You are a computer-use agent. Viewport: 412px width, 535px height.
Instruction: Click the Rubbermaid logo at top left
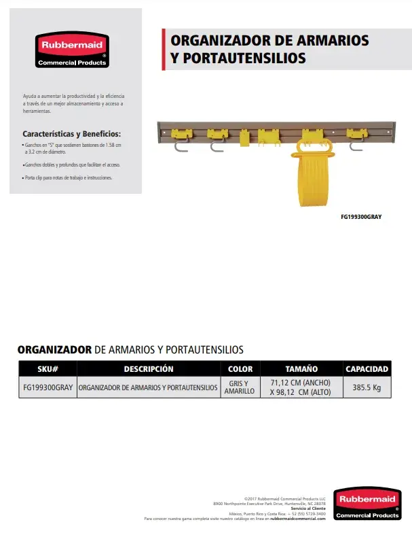[71, 50]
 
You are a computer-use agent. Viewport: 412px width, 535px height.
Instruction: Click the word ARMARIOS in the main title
[327, 40]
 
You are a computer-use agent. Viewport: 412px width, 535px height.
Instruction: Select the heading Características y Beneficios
[71, 134]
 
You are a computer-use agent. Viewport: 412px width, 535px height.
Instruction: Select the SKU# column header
[48, 369]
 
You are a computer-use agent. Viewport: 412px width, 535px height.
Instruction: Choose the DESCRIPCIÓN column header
[149, 369]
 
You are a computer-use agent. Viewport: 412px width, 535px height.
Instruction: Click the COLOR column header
[240, 369]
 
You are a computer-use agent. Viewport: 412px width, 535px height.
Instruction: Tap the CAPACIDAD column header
[367, 369]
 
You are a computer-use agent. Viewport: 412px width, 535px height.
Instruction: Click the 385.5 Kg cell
[367, 387]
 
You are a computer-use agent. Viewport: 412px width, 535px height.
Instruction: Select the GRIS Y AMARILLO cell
[240, 387]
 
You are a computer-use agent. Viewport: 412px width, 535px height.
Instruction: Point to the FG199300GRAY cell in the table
[48, 387]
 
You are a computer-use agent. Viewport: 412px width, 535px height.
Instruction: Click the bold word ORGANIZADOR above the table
[54, 349]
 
